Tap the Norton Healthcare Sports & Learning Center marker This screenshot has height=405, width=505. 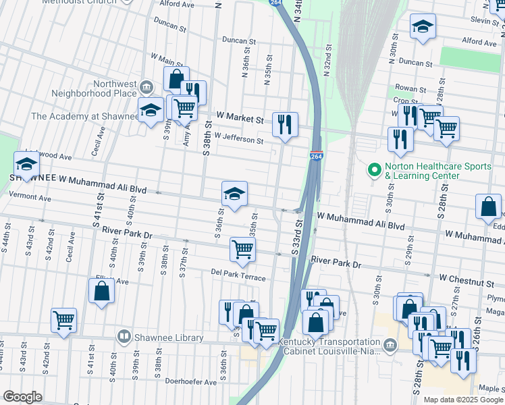[371, 170]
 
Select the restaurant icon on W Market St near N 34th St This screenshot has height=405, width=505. [284, 124]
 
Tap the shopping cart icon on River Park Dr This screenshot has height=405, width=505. [242, 249]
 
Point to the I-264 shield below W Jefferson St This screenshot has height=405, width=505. [316, 155]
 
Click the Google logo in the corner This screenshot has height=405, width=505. [22, 397]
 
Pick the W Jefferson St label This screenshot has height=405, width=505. [238, 138]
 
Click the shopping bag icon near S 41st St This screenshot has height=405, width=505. [101, 291]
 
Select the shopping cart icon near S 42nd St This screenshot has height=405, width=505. [63, 320]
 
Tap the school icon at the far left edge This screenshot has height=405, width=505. [26, 164]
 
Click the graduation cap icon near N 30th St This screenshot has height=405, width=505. [423, 26]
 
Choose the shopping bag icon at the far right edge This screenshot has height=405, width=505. [487, 207]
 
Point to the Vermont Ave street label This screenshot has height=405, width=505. [30, 199]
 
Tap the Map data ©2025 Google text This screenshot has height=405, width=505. [462, 400]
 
